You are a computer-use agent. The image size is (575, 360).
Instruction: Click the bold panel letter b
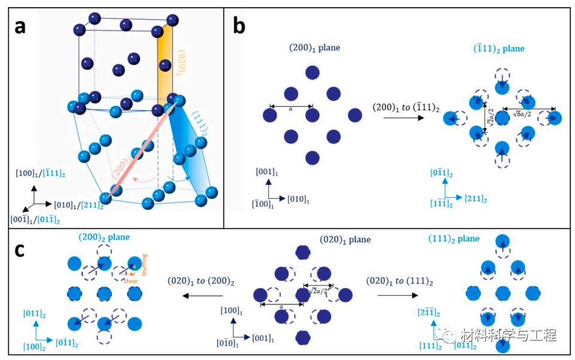click(x=239, y=27)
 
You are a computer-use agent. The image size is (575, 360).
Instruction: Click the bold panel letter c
click(x=20, y=249)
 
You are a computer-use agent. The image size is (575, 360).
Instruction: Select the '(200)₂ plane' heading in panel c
click(x=104, y=238)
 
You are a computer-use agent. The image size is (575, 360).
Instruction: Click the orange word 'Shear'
click(x=131, y=280)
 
